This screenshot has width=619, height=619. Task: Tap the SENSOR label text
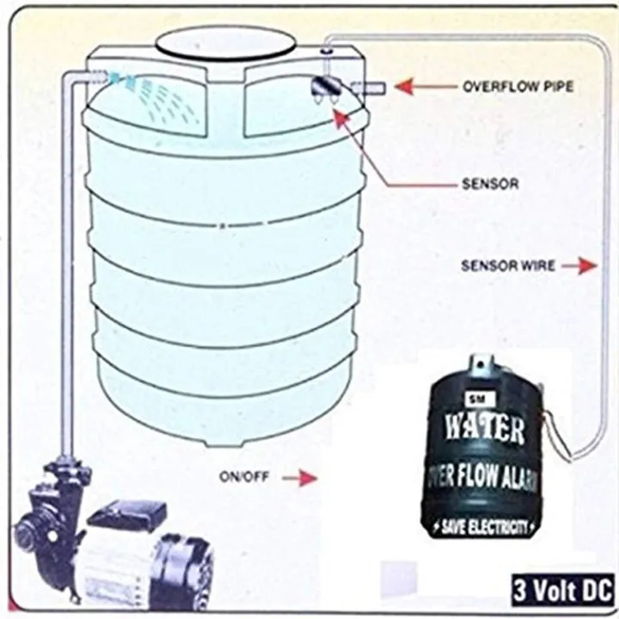(x=490, y=184)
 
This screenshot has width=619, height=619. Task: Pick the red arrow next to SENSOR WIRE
(x=583, y=266)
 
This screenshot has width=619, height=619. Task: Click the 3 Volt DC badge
(x=561, y=591)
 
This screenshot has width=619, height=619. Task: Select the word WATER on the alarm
(x=482, y=428)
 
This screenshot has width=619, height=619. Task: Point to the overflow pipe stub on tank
(x=367, y=86)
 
